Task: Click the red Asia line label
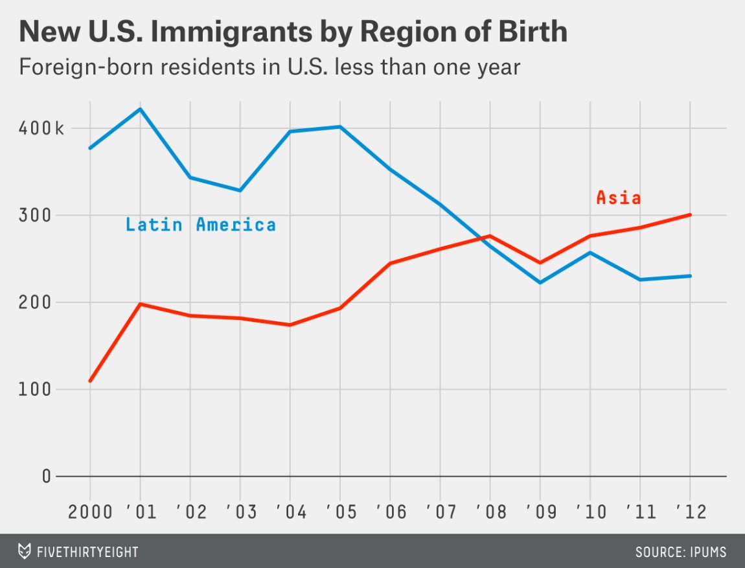619,198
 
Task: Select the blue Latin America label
201,225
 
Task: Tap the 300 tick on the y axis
38,216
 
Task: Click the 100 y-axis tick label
38,390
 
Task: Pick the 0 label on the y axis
46,477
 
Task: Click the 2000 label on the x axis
91,512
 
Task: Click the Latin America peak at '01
140,109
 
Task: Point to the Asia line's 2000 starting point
90,381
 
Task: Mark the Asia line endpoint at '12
690,214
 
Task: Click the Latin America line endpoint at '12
690,276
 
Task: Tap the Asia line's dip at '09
540,263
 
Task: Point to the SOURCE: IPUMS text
681,552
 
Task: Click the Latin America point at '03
240,190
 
